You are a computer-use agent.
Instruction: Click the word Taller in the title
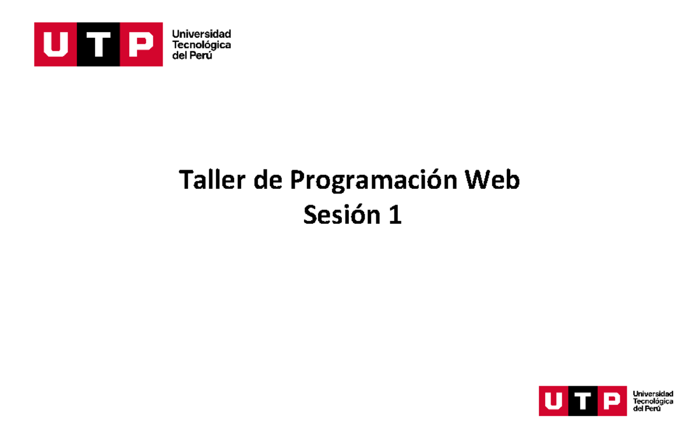click(211, 181)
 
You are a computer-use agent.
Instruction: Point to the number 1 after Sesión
click(394, 216)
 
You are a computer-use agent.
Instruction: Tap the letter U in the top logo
click(55, 44)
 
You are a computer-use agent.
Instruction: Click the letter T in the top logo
click(98, 44)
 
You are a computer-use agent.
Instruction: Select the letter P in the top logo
click(141, 44)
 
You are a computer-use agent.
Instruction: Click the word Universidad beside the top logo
click(201, 34)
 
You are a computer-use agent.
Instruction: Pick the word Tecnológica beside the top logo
click(201, 45)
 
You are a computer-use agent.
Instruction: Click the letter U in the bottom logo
click(553, 401)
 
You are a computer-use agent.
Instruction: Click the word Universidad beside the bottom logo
click(652, 394)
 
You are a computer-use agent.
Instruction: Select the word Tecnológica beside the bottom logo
click(652, 401)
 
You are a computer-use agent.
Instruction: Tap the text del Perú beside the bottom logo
click(647, 409)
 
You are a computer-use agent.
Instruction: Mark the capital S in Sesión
click(310, 216)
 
